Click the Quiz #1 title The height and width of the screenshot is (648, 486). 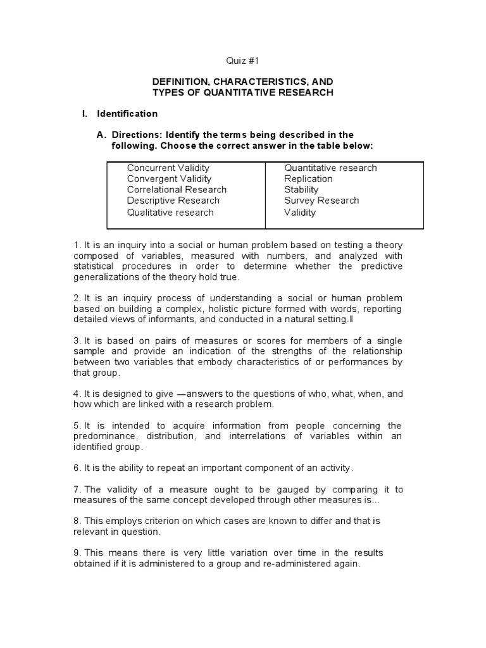[x=243, y=61]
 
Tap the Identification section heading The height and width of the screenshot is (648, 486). [x=127, y=114]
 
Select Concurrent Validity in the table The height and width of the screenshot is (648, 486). [x=168, y=168]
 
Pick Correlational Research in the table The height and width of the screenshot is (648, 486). [x=177, y=189]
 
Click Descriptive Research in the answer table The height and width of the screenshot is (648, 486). [x=173, y=201]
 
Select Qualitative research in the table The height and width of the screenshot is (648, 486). [x=170, y=213]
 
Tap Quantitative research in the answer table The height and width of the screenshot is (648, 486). [x=330, y=168]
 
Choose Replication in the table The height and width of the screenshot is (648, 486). [x=308, y=178]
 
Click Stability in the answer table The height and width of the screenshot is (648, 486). [x=301, y=189]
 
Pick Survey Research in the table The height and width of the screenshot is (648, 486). [x=321, y=201]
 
